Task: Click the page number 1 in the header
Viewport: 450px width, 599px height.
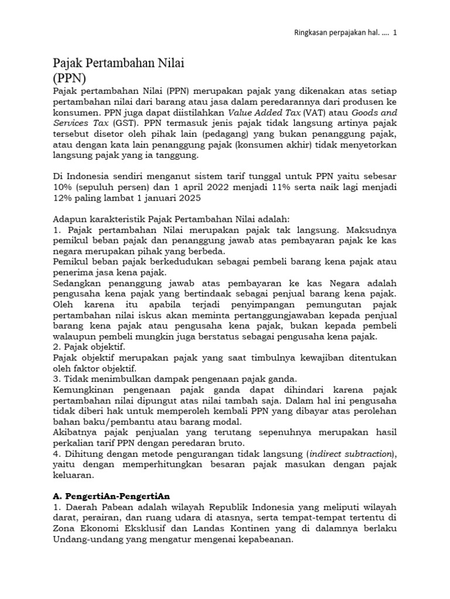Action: click(395, 33)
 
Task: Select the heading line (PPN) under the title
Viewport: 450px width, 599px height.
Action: click(70, 77)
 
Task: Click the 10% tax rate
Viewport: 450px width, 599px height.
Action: click(63, 188)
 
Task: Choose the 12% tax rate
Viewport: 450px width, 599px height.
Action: click(63, 198)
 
